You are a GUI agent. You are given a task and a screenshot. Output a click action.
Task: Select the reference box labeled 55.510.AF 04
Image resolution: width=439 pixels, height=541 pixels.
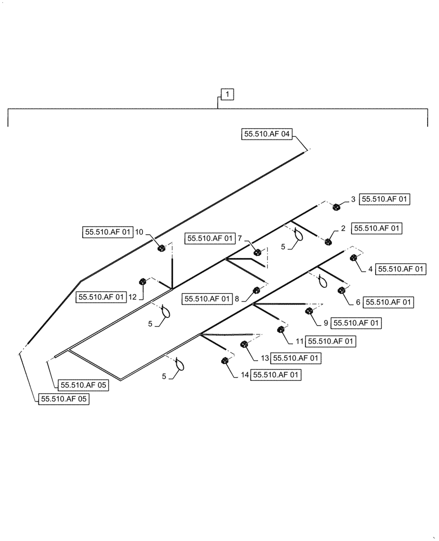tap(267, 134)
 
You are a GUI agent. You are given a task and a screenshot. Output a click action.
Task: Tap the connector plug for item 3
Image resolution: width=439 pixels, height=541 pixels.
tap(336, 206)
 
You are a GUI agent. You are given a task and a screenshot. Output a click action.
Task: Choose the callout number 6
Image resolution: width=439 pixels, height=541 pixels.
tap(358, 302)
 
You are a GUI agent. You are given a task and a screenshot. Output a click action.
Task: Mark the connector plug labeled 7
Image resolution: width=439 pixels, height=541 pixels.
tap(258, 252)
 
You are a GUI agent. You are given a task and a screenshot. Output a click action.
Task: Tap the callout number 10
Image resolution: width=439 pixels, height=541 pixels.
tap(139, 232)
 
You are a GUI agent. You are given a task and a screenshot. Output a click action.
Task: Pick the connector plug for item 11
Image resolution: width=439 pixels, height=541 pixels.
tap(281, 330)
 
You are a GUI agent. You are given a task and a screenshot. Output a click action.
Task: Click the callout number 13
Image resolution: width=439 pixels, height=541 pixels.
tap(264, 358)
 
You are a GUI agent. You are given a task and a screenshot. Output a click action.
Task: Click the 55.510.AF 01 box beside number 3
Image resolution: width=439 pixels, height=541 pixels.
tap(384, 199)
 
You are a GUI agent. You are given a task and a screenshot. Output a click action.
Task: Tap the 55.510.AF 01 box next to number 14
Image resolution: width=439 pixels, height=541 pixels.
tap(276, 374)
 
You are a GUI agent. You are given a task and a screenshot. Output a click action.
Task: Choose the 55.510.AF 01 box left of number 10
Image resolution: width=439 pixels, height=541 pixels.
tap(108, 232)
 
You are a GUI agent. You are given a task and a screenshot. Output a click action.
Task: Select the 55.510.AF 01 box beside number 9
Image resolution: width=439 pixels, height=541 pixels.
tap(356, 322)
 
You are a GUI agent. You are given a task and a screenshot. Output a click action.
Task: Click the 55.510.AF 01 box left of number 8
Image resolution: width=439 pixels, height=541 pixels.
tap(208, 298)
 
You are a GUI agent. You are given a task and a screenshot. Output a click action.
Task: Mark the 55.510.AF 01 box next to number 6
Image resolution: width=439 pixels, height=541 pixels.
tap(389, 302)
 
